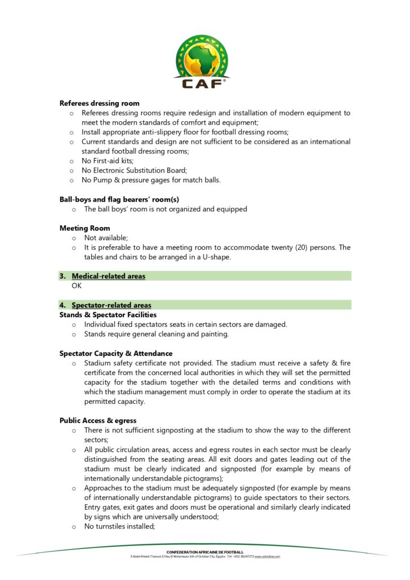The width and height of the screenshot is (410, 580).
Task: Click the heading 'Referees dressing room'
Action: tap(100, 103)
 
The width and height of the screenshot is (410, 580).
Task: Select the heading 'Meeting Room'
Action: tap(85, 228)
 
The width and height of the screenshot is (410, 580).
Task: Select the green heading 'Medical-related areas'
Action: tap(108, 276)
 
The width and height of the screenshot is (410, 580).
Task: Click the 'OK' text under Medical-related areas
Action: tap(76, 286)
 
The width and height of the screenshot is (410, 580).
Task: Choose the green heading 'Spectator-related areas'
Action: tap(111, 305)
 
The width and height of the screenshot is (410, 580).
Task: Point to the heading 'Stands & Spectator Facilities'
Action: tap(108, 315)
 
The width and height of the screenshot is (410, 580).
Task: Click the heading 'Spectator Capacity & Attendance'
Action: tap(116, 353)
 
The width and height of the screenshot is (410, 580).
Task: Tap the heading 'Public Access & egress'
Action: tap(98, 421)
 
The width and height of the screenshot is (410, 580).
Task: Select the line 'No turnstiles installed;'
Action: tap(119, 526)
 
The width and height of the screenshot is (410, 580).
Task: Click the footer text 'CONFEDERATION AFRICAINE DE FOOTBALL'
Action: tap(205, 552)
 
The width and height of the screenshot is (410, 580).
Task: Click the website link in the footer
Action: tap(267, 556)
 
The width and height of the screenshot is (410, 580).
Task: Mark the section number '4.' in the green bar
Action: tap(63, 305)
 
